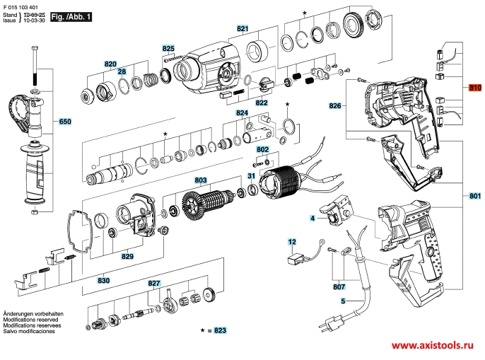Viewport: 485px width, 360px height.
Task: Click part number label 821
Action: tap(243, 28)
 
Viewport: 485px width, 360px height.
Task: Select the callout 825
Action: tap(168, 48)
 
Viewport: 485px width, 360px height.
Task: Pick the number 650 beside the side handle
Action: tap(65, 122)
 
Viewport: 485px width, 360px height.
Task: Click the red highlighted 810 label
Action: tap(474, 87)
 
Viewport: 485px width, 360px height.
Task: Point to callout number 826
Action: tap(334, 105)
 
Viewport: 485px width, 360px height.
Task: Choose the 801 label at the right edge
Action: tap(474, 195)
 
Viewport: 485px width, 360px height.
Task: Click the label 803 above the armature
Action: tap(200, 180)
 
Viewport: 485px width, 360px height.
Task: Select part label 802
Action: tap(262, 149)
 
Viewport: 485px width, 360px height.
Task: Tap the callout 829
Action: tap(127, 256)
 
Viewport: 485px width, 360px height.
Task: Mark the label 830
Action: tap(103, 281)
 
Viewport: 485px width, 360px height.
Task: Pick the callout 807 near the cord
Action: tap(339, 287)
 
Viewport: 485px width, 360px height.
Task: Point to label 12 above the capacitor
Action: tap(291, 242)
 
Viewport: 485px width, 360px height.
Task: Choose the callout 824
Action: tap(242, 113)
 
